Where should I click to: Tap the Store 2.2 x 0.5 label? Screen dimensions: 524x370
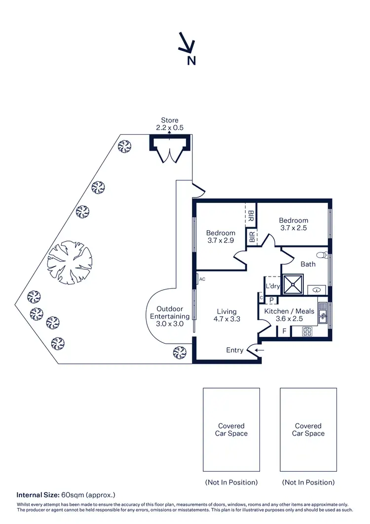[170, 124]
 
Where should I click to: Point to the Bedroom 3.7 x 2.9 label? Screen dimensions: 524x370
[221, 237]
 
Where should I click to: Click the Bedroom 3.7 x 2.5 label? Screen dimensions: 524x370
[294, 224]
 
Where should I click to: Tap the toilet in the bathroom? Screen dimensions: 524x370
[322, 255]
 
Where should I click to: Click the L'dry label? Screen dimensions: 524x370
[273, 286]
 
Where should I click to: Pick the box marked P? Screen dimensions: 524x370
[272, 300]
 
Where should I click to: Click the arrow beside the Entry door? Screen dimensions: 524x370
[260, 350]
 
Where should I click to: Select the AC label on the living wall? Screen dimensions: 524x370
[202, 280]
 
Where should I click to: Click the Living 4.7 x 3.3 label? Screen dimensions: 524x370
[227, 316]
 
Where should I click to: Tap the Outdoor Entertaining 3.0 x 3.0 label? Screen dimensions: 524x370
[170, 316]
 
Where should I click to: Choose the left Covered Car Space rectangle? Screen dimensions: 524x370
[231, 429]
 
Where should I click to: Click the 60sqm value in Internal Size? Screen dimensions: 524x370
[70, 494]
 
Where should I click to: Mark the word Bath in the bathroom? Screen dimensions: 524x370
[308, 264]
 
